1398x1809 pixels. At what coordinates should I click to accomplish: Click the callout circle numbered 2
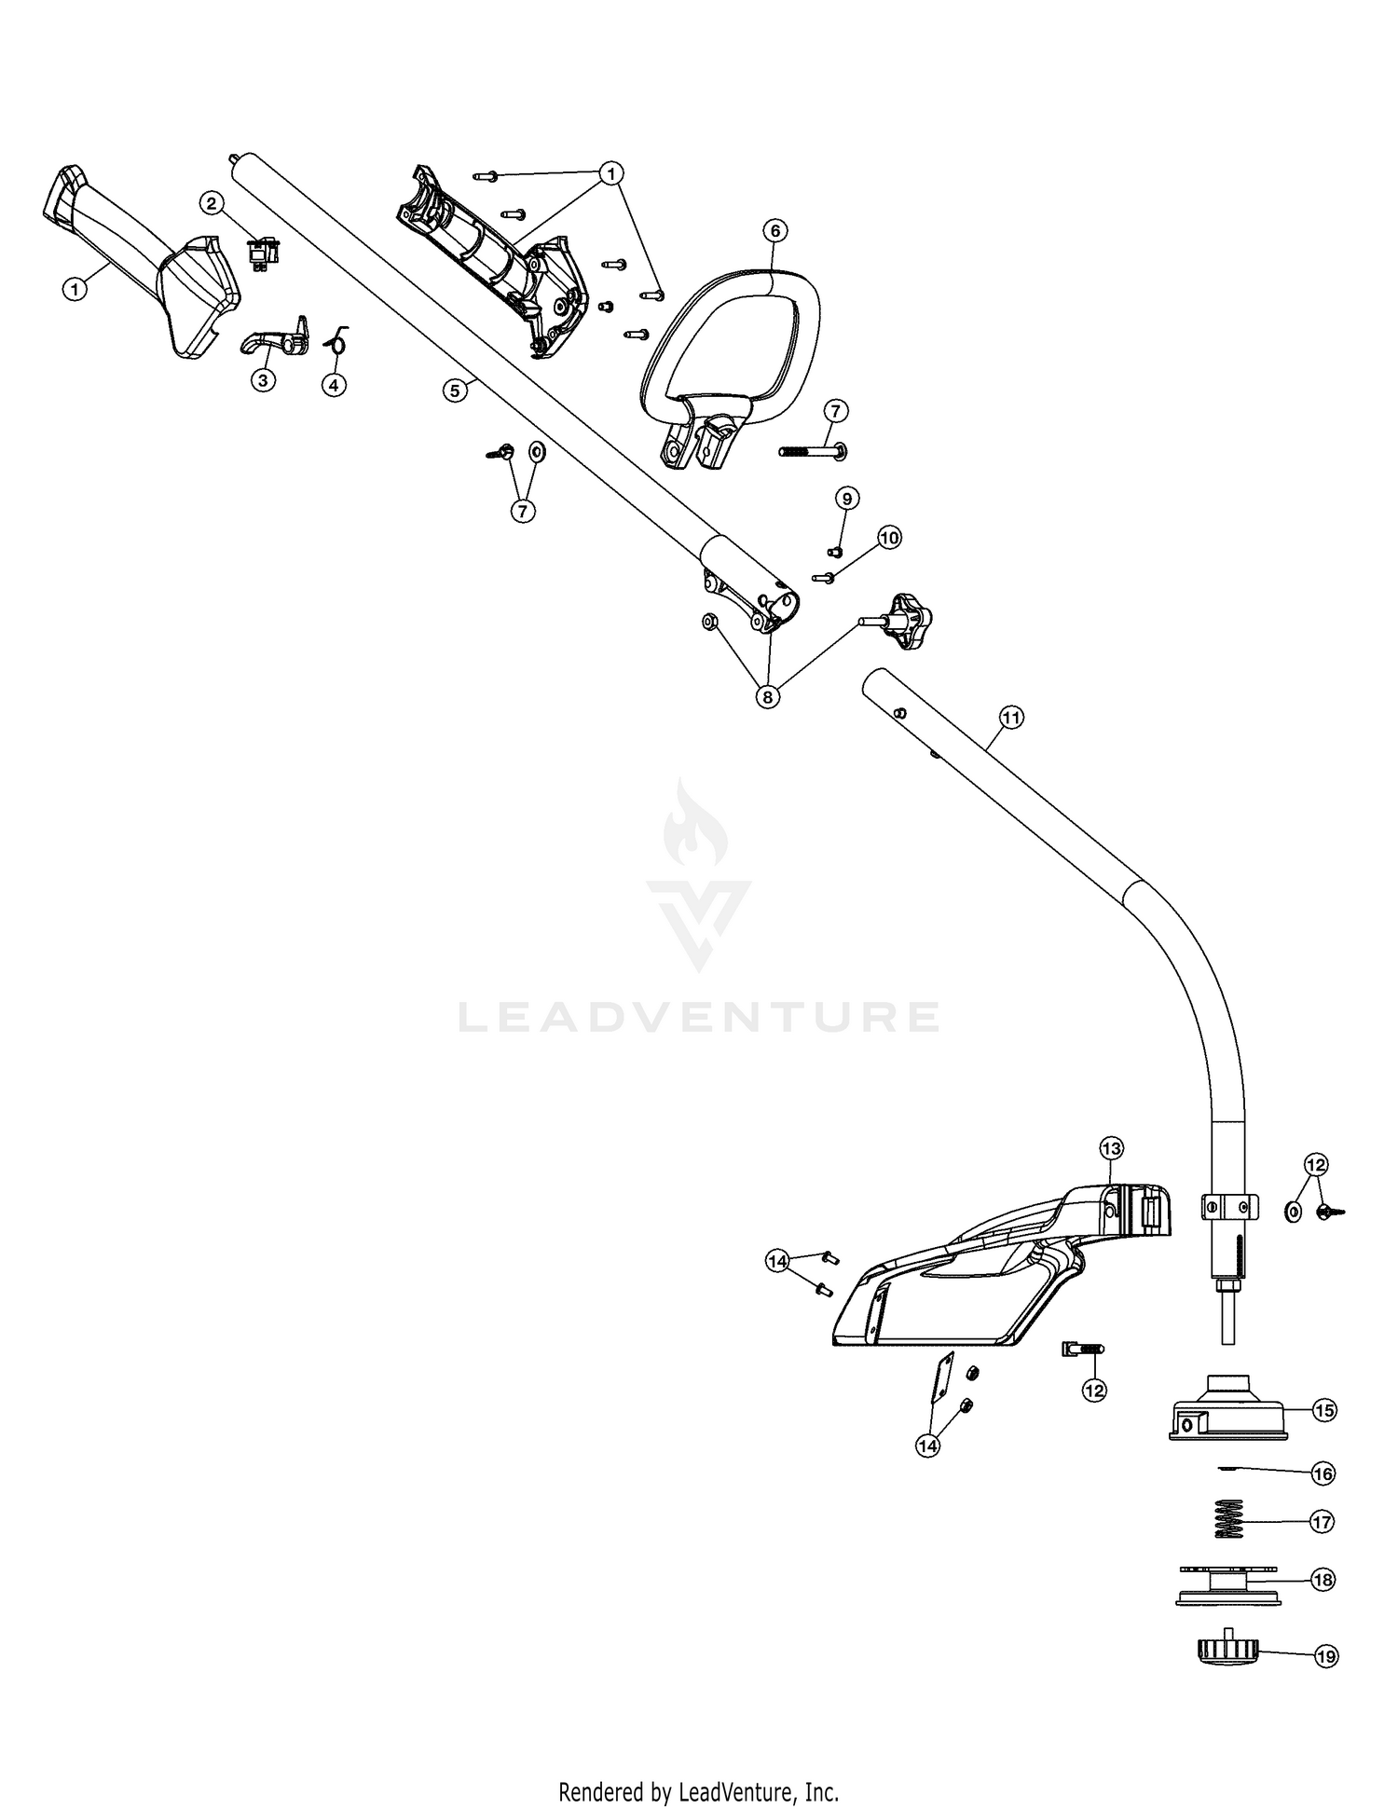pyautogui.click(x=212, y=202)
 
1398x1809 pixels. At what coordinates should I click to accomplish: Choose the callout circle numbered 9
pyautogui.click(x=846, y=499)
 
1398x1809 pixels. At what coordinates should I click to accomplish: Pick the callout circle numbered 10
pyautogui.click(x=889, y=537)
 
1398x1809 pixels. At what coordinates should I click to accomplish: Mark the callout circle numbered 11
pyautogui.click(x=1010, y=717)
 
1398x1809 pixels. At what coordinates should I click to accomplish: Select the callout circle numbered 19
pyautogui.click(x=1325, y=1656)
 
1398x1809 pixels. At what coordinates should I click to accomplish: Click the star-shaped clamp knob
pyautogui.click(x=899, y=620)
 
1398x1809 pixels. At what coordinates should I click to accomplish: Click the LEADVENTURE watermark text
pyautogui.click(x=698, y=1017)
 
